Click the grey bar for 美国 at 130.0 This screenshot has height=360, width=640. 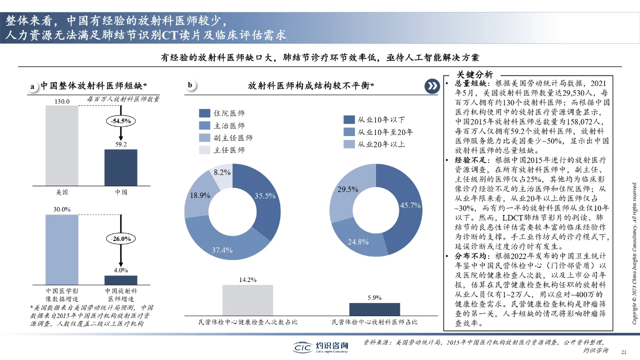click(61, 145)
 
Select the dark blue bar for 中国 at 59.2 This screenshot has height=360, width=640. click(120, 167)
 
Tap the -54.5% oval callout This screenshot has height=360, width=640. click(120, 121)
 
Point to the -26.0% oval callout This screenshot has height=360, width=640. click(120, 239)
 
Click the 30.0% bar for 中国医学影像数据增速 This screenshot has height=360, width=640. click(61, 249)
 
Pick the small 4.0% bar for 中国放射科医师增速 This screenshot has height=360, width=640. click(120, 280)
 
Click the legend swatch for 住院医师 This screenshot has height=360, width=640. click(204, 114)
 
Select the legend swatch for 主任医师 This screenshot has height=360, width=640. click(204, 150)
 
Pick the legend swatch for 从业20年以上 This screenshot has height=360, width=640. click(349, 144)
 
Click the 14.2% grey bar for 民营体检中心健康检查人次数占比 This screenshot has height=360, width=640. click(247, 300)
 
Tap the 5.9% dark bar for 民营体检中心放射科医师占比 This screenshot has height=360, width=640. click(374, 309)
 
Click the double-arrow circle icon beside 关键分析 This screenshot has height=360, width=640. click(431, 86)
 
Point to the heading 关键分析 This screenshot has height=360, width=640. click(474, 74)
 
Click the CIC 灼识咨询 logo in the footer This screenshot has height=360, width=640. click(320, 346)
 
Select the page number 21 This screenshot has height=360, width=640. click(623, 352)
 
